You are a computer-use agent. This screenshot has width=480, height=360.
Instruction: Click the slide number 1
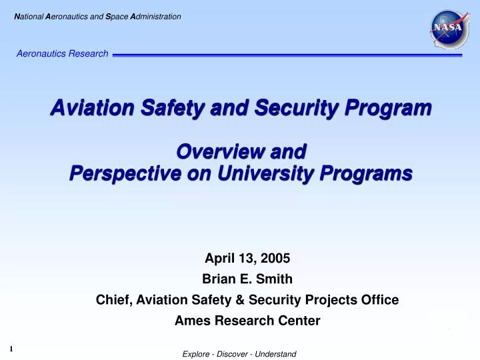pos(11,348)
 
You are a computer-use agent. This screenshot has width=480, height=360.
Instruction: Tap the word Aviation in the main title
pos(84,107)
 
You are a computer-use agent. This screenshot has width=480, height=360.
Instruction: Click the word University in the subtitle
pos(260,173)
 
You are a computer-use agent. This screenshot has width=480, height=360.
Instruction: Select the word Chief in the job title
pos(113,300)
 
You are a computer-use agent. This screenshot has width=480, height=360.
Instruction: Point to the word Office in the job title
pos(381,300)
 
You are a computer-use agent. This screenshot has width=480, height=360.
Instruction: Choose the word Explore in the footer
pos(196,354)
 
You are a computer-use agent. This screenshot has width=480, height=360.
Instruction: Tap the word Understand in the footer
pos(275,354)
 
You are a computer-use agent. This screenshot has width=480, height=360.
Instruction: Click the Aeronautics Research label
pos(63,53)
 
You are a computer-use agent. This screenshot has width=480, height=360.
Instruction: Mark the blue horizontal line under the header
pos(287,55)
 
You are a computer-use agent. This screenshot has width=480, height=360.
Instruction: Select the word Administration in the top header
pos(156,16)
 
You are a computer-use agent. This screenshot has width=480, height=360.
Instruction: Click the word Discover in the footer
pos(231,354)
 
